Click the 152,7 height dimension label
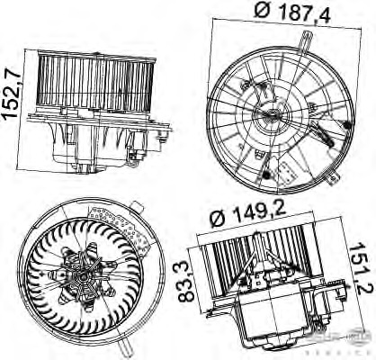click(x=12, y=85)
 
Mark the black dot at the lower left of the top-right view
click(x=270, y=171)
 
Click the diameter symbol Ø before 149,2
click(x=217, y=216)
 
